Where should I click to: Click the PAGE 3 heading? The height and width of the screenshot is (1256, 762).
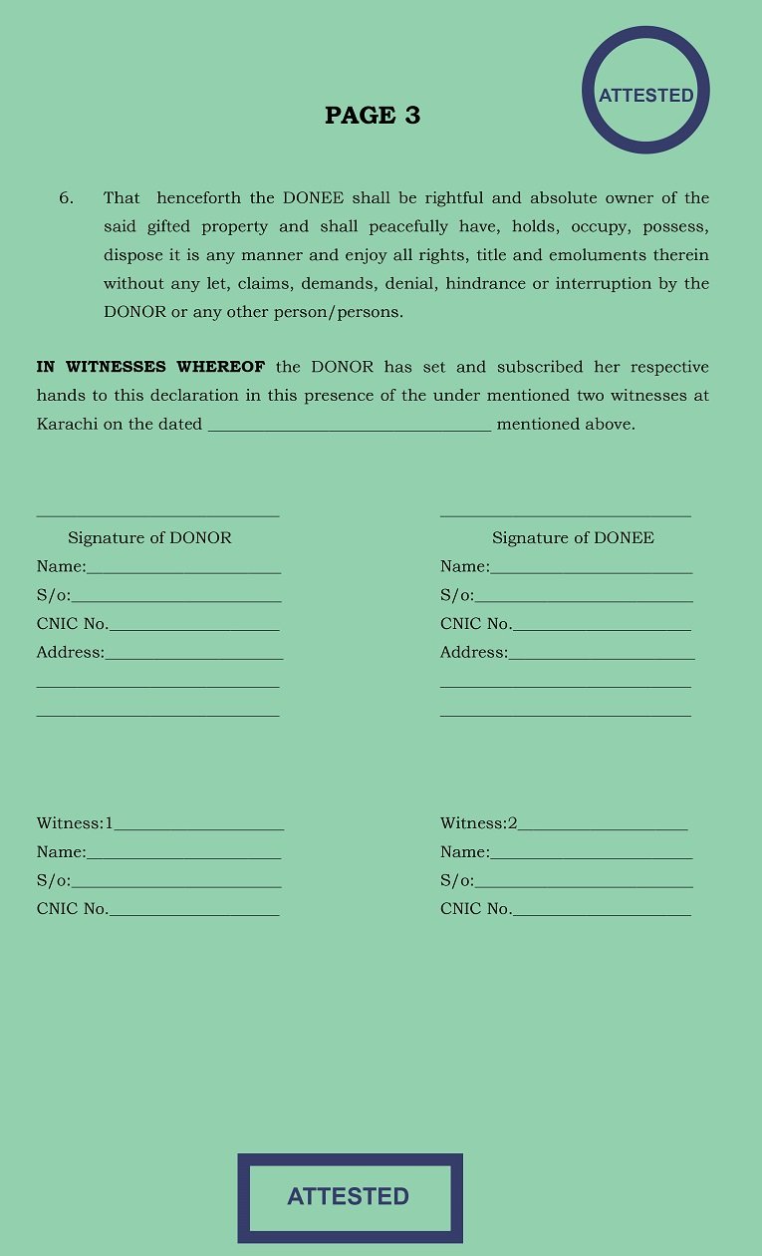373,116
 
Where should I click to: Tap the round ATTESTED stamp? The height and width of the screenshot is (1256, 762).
645,91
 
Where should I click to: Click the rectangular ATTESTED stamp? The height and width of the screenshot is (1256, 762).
350,1196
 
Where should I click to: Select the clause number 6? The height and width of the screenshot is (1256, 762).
66,198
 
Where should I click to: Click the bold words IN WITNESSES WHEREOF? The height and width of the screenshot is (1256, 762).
150,368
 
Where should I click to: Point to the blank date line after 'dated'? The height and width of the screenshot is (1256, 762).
349,426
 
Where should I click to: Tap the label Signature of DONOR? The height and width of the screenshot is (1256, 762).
149,538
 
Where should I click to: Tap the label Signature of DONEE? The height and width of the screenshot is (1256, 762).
573,538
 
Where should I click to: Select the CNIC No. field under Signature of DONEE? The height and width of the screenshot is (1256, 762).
602,626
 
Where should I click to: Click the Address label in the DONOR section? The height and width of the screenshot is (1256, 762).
70,653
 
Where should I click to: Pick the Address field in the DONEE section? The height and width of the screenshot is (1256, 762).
602,655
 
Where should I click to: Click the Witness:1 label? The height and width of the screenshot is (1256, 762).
74,823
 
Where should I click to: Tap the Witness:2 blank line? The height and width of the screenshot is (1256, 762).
603,825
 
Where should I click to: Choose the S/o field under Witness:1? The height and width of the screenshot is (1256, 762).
175,883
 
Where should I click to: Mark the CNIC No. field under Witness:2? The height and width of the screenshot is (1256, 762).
602,911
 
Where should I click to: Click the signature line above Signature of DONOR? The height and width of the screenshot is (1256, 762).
157,514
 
